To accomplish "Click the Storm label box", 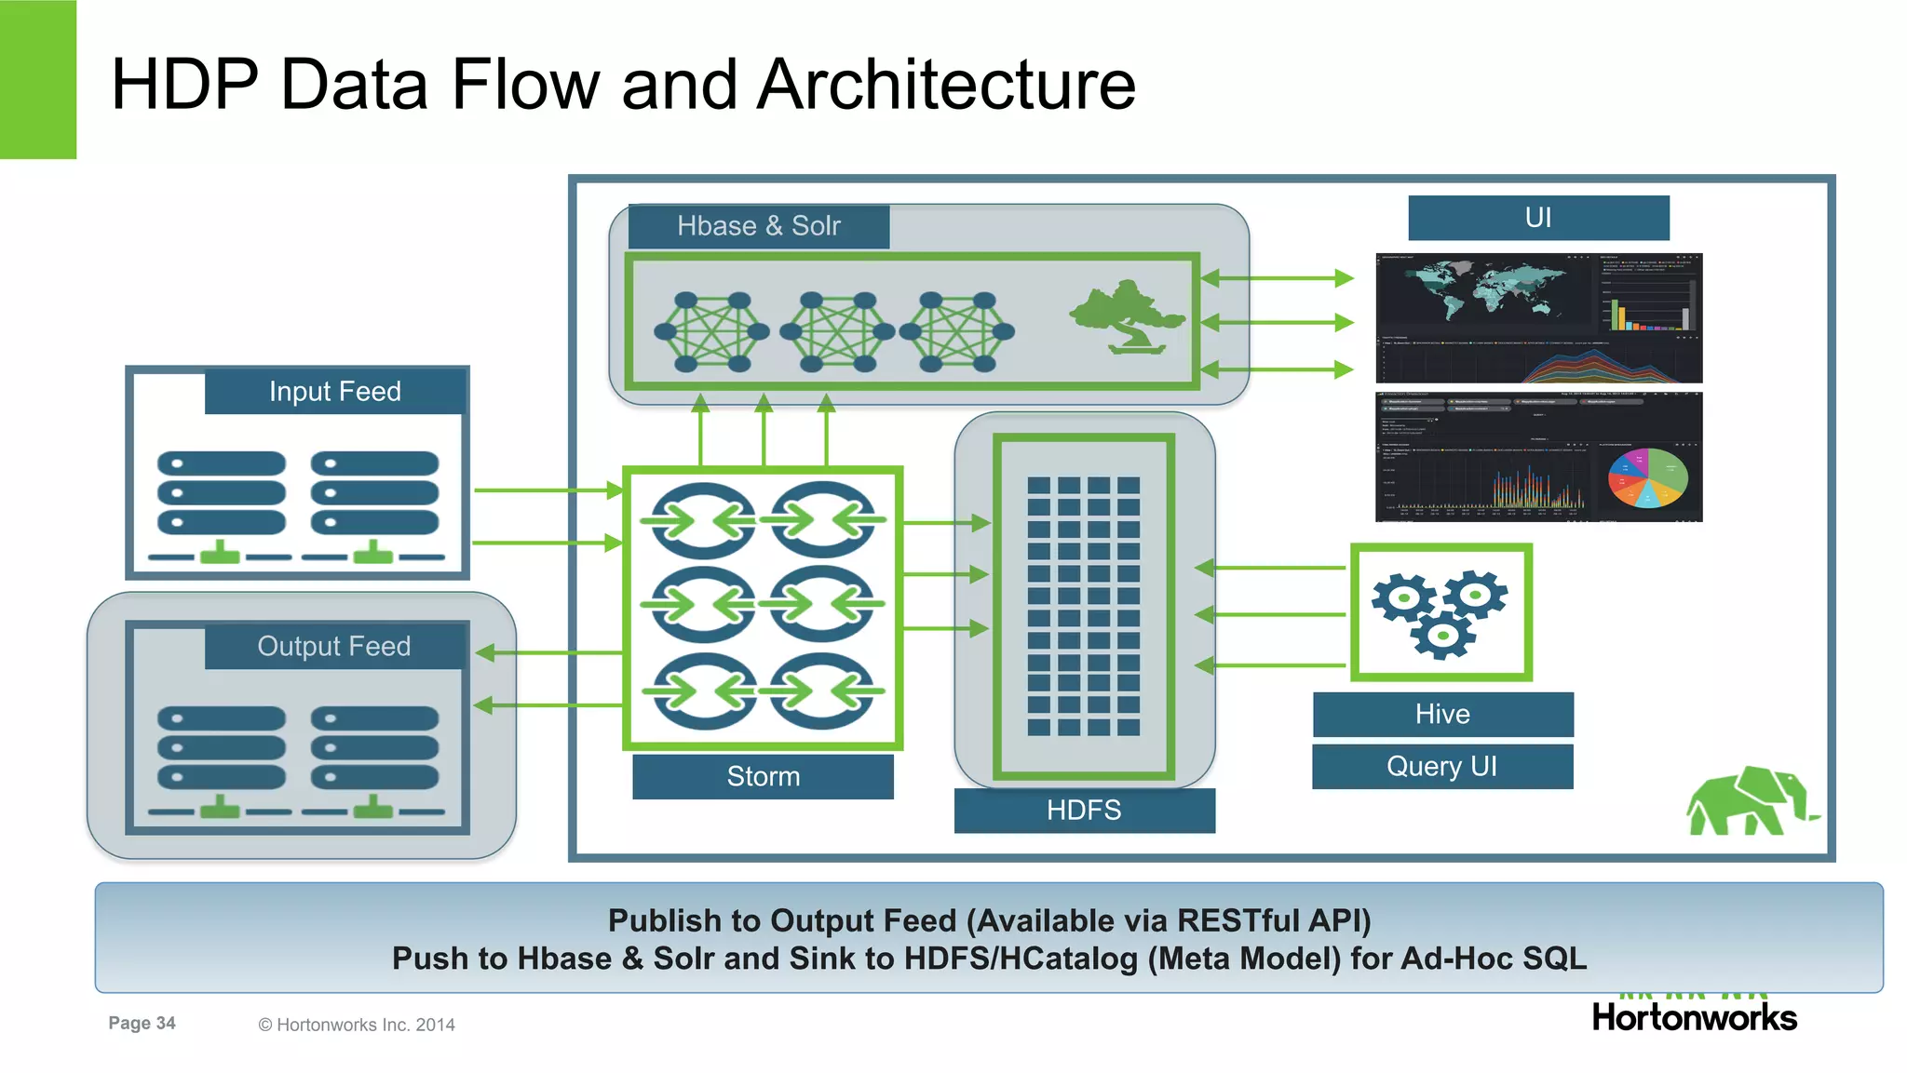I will pos(763,776).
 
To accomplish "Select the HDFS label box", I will pos(1084,810).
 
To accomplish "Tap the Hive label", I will pos(1442,714).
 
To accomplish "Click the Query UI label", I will pos(1442,766).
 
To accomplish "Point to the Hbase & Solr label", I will pos(759,226).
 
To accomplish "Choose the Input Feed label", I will pos(335,391).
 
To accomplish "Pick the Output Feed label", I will pos(334,646).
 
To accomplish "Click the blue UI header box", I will pos(1538,218).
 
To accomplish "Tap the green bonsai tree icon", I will pos(1128,316).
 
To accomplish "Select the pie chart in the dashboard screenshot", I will pos(1647,477).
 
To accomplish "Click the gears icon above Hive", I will pos(1440,612).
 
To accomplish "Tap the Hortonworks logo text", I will pos(1694,1017).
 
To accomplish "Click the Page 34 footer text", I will pos(142,1023).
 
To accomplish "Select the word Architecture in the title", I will pos(946,85).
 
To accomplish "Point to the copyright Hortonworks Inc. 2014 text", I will pos(357,1025).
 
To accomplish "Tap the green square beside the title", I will pos(37,79).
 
